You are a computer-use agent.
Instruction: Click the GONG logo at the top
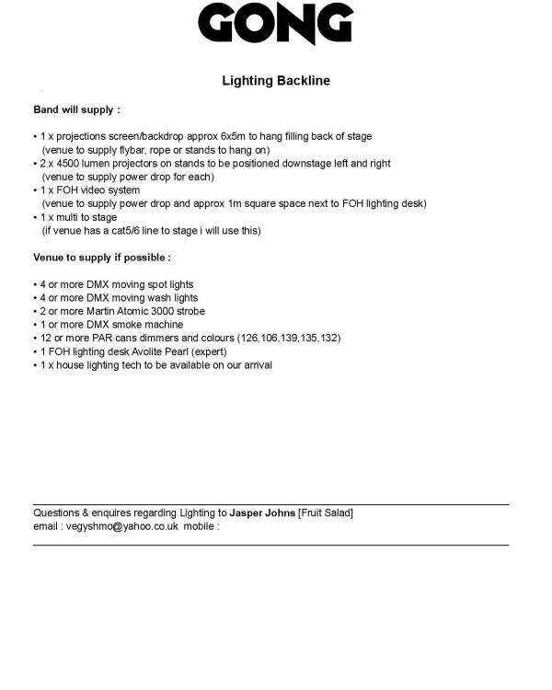click(x=276, y=25)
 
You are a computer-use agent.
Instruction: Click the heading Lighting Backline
click(x=276, y=81)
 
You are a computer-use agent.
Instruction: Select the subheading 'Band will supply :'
click(x=76, y=109)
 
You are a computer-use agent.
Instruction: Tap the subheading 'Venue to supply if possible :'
click(x=102, y=258)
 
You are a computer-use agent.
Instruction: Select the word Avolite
click(x=142, y=351)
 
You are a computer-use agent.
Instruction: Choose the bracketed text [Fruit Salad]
click(x=326, y=512)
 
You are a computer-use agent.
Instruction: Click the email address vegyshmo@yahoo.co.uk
click(x=119, y=526)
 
